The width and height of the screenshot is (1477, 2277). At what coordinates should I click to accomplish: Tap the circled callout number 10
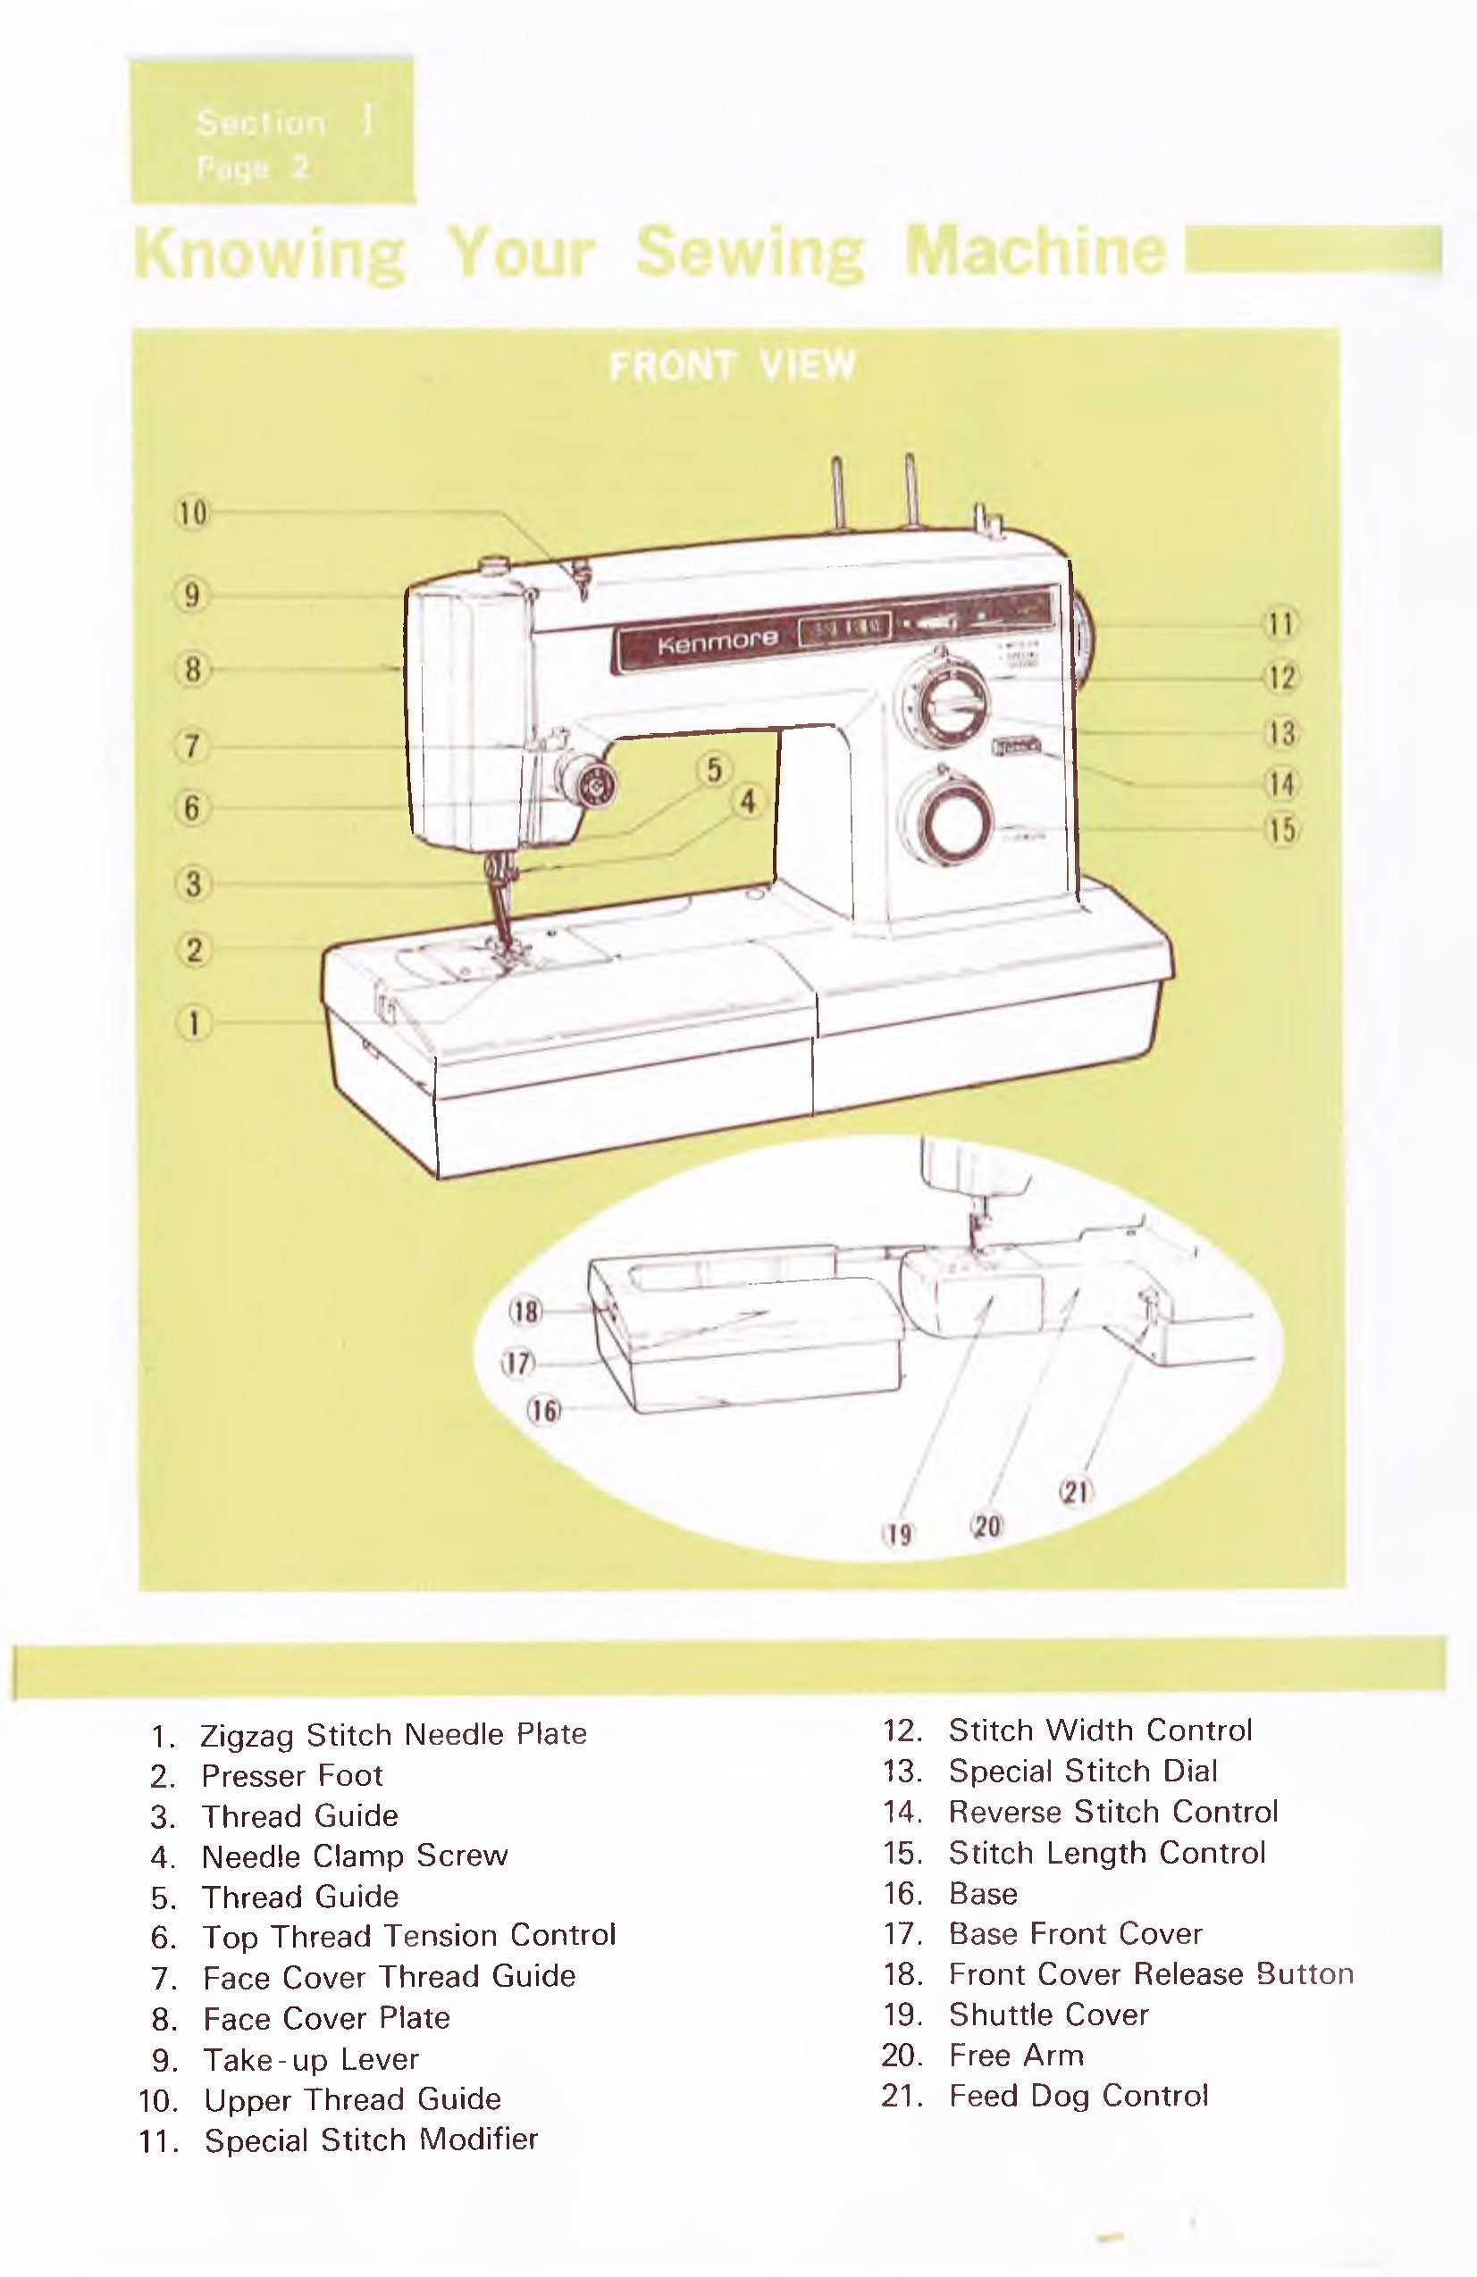192,513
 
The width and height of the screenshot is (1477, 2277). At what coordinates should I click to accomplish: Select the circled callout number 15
1281,830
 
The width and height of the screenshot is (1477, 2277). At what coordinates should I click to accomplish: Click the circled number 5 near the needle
714,769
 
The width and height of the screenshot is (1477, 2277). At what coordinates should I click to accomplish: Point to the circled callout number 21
1075,1491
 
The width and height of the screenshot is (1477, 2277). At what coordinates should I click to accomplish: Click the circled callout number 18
525,1311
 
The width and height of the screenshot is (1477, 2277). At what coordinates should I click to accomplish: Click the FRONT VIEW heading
733,365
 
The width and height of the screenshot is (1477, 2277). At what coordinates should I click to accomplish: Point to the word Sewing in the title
749,253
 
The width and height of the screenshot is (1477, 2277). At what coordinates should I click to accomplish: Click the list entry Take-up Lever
310,2059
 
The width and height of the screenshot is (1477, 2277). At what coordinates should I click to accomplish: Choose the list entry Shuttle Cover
1048,2014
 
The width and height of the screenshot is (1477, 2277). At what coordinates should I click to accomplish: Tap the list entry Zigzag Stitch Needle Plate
392,1733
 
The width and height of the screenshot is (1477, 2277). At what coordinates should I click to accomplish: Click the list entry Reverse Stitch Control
1112,1811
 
